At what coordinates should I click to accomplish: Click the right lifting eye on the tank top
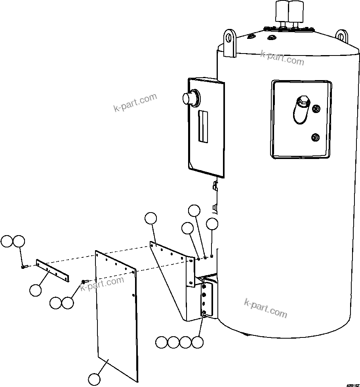342,36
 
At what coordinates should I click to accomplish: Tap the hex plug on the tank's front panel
303,101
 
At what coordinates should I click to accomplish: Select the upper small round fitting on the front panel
316,109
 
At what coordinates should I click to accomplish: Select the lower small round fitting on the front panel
316,138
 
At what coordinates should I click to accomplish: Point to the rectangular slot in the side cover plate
203,126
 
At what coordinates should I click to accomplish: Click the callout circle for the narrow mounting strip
35,290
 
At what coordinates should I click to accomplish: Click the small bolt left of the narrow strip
23,267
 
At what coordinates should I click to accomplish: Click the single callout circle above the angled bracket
150,218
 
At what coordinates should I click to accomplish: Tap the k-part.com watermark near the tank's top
282,58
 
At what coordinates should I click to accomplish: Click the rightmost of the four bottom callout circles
197,342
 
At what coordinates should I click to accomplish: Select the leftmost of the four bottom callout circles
161,342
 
